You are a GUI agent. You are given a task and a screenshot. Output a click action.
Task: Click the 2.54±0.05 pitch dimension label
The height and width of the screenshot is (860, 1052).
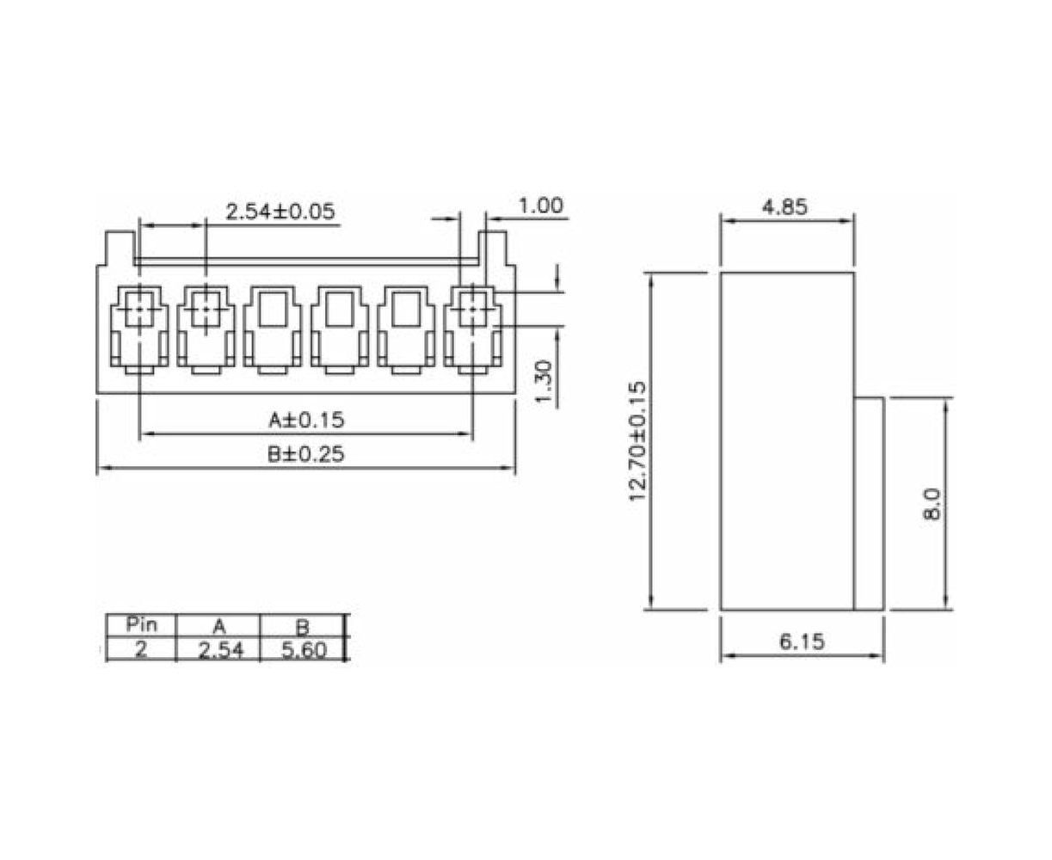pos(280,212)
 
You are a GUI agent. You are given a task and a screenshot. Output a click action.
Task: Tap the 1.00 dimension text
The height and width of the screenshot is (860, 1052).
pos(541,206)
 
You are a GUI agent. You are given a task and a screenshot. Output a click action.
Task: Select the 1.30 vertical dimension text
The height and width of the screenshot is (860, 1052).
pos(543,382)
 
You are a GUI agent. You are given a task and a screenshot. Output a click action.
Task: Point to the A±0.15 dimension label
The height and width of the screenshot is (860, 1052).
pos(306,420)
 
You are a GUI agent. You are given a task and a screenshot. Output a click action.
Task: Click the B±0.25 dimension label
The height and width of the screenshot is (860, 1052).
pos(305,454)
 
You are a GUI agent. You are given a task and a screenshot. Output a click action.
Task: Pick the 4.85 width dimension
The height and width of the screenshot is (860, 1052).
pos(784,207)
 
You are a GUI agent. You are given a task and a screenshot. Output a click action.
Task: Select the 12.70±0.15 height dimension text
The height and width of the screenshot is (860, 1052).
pos(638,441)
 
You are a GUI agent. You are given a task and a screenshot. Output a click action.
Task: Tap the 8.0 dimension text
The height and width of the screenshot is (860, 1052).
pos(932,504)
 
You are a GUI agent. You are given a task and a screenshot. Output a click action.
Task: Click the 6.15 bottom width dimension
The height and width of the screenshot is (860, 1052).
pos(802,642)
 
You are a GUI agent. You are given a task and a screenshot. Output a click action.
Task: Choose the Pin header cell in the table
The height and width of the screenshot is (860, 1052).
pos(142,624)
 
